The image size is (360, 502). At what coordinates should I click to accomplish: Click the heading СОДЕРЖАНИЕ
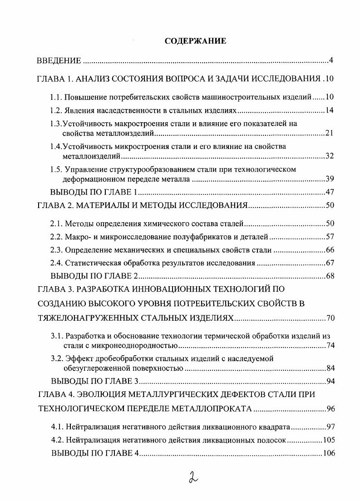(x=195, y=41)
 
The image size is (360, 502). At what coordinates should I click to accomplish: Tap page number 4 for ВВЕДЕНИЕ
(x=332, y=61)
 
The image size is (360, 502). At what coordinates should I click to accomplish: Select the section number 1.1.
(x=55, y=97)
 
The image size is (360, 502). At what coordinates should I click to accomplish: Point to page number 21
(x=330, y=133)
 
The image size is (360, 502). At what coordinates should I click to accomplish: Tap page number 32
(x=330, y=156)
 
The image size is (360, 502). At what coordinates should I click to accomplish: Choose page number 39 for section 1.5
(x=330, y=179)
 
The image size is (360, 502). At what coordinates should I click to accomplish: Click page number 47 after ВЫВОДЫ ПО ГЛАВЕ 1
(x=330, y=192)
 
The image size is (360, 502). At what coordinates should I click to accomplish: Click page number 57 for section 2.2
(x=330, y=237)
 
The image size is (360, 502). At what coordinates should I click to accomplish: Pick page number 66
(x=330, y=250)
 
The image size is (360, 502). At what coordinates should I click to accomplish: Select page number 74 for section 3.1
(x=330, y=346)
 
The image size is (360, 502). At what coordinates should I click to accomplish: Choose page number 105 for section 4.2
(x=328, y=440)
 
